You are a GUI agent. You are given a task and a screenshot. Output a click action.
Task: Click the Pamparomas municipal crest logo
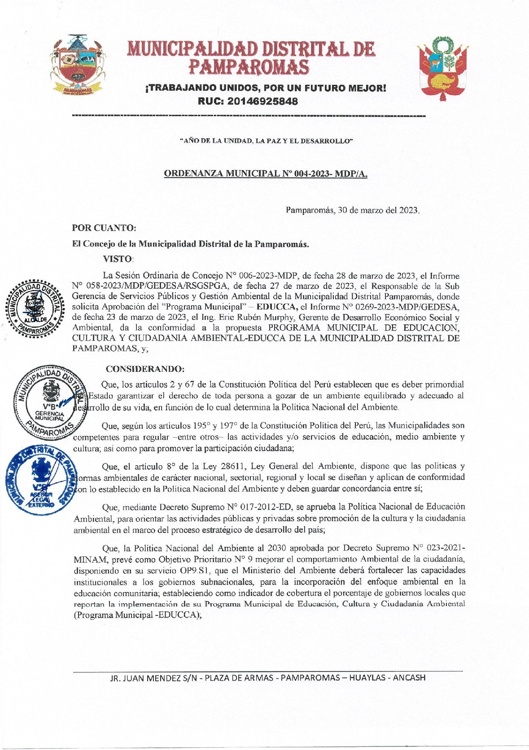tap(77, 65)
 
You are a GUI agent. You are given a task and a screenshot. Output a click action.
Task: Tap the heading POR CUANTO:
tap(104, 228)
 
